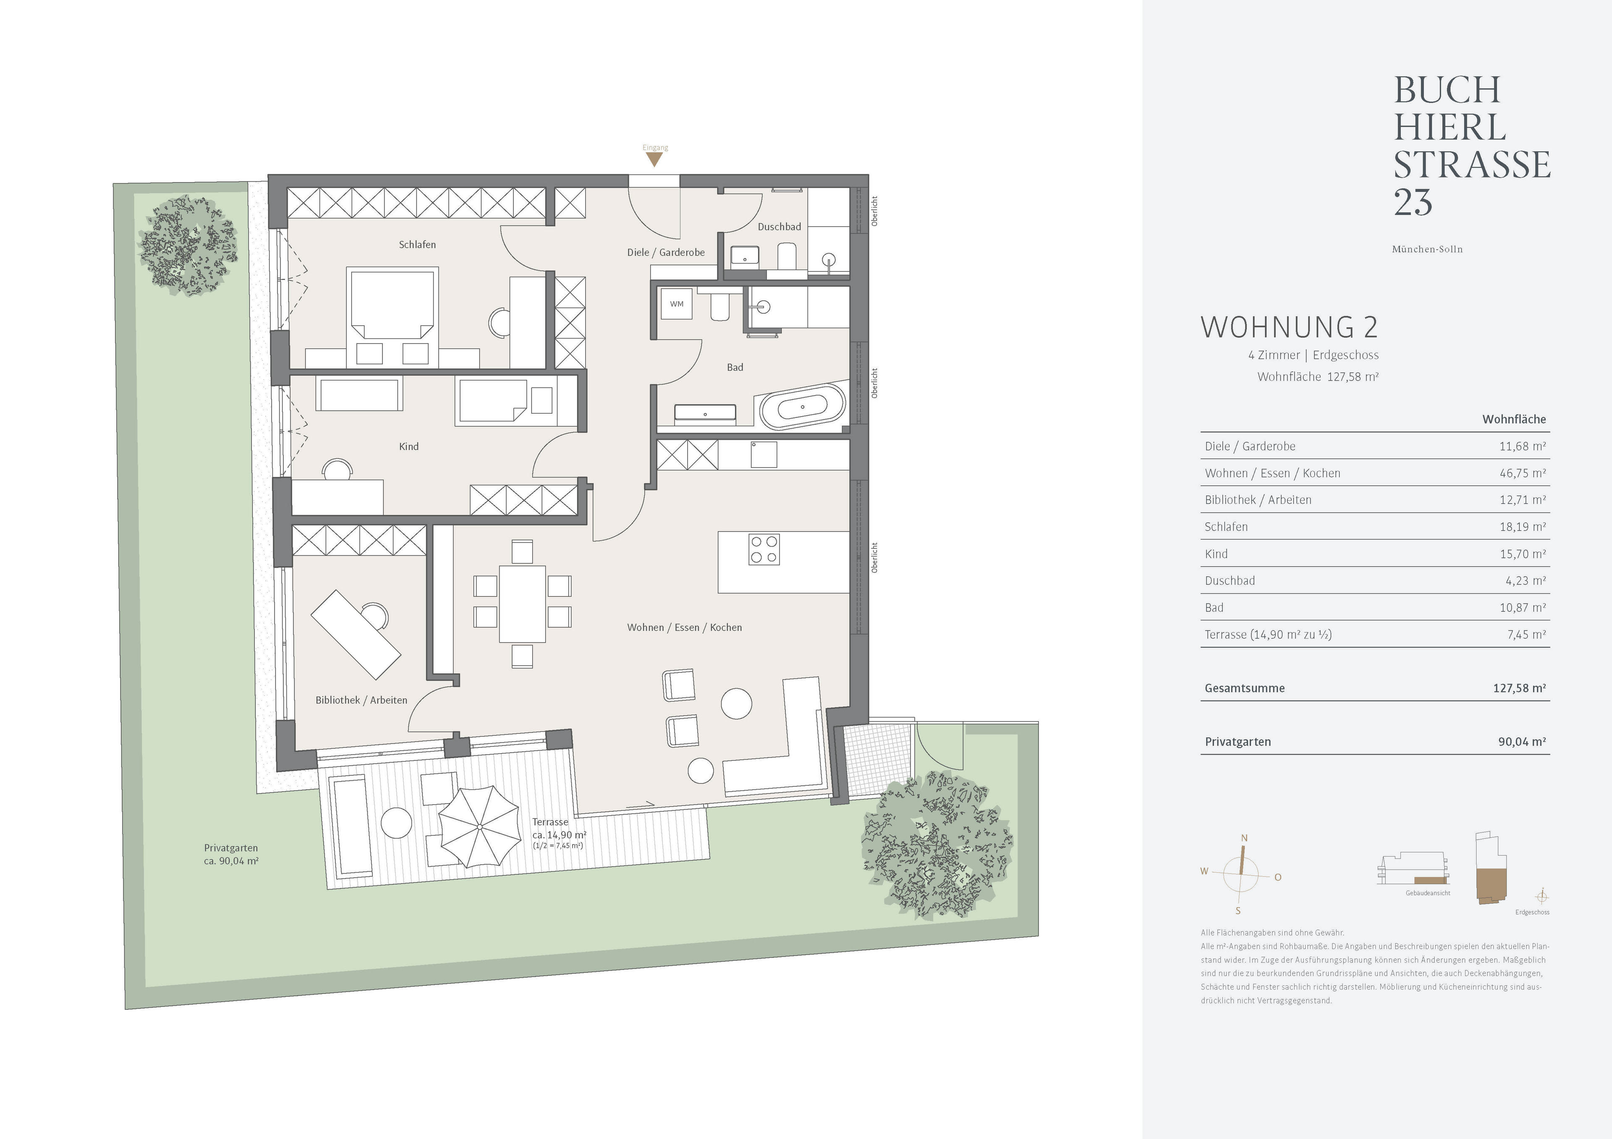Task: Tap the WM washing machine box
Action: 676,304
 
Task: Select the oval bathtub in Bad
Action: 803,407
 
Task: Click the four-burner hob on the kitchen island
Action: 764,550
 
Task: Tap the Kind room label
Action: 408,446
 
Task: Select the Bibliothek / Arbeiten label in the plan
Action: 361,700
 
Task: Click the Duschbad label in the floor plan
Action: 779,227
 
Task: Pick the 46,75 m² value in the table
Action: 1522,473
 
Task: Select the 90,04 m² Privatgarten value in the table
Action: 1521,742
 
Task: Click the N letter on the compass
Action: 1244,838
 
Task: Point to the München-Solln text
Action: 1427,249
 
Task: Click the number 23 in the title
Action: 1413,202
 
